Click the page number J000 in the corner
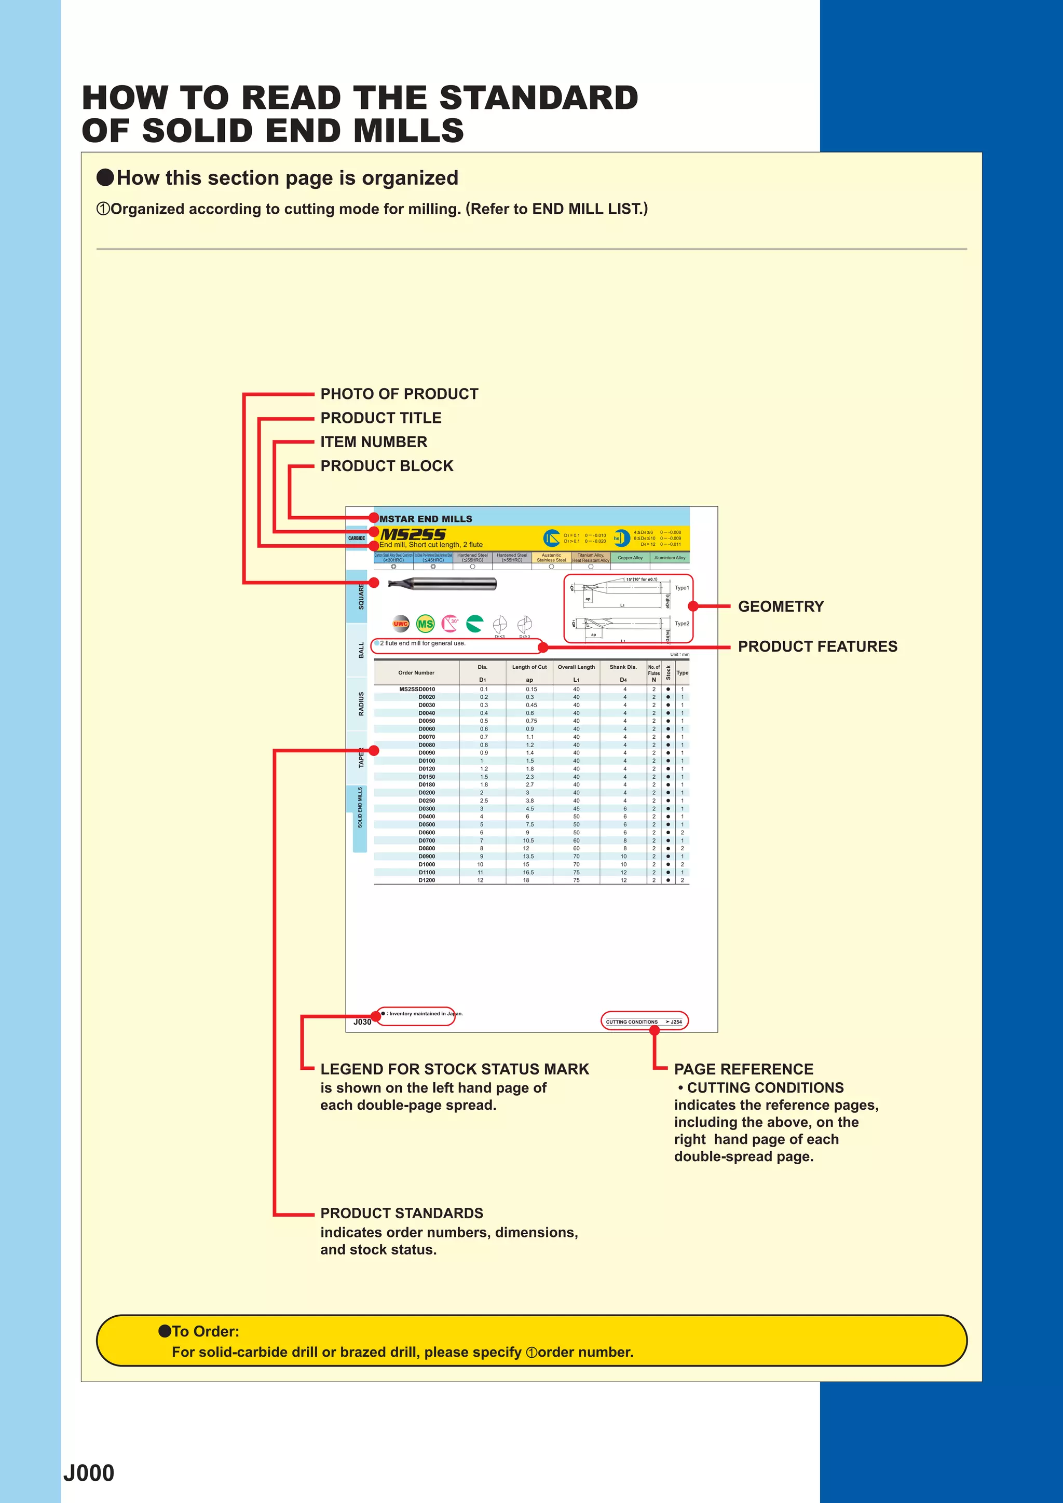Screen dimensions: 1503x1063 (89, 1473)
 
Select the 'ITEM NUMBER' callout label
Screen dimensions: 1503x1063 (373, 442)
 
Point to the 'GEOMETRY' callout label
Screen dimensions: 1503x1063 (781, 606)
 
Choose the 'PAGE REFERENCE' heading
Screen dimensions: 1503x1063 (743, 1069)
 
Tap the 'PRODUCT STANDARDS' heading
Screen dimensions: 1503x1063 (402, 1213)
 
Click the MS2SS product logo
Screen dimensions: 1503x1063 (413, 534)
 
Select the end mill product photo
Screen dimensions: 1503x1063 (442, 583)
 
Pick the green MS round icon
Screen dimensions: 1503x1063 (426, 624)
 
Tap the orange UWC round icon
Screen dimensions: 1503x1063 (401, 624)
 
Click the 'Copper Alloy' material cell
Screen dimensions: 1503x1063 (630, 558)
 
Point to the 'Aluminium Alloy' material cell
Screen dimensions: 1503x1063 (670, 558)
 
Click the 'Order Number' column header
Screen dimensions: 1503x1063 (416, 672)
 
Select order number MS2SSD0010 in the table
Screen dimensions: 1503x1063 (417, 690)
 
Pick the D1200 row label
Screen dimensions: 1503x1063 (426, 880)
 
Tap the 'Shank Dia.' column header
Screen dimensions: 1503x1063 (623, 667)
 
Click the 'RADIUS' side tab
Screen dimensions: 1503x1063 (361, 704)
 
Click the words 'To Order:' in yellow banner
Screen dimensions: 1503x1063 (206, 1331)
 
